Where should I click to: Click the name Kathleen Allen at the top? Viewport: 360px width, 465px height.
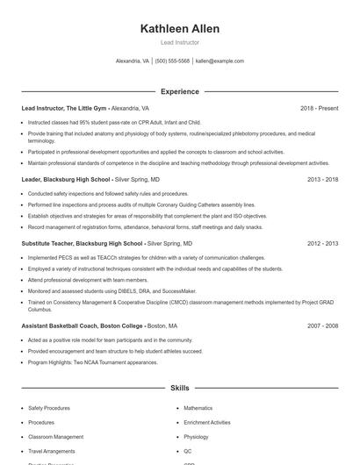pos(180,29)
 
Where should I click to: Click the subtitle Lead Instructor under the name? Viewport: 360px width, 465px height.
pos(180,42)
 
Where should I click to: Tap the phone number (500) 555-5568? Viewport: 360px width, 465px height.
pos(172,61)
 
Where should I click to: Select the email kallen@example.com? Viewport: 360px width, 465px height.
pos(220,61)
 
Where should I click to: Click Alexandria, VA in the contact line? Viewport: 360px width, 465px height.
pos(133,61)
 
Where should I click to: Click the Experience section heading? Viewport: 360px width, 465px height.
pos(180,91)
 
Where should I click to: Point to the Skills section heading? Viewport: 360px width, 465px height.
pos(180,387)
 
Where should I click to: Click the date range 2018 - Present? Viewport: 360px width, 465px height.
pos(319,108)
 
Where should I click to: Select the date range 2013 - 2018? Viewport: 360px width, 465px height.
pos(322,179)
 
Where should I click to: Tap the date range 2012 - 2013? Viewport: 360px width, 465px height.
pos(322,243)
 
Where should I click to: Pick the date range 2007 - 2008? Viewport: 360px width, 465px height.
pos(322,325)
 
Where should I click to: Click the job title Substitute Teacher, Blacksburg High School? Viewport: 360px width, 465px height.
pos(82,243)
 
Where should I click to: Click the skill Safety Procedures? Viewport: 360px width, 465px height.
pos(48,408)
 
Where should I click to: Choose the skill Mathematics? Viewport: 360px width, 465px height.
pos(198,408)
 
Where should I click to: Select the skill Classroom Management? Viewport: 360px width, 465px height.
pos(55,436)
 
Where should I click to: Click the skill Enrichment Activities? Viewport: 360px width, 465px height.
pos(208,422)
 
